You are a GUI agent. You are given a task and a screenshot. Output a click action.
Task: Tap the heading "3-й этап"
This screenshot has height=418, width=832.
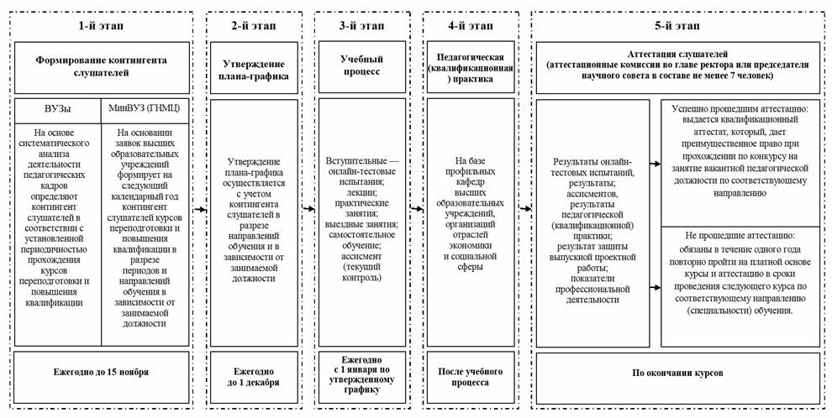(361, 26)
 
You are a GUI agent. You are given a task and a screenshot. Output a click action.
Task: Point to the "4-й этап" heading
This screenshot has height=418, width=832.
(470, 26)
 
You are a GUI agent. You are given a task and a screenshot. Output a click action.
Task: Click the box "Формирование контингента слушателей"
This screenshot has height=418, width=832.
(101, 67)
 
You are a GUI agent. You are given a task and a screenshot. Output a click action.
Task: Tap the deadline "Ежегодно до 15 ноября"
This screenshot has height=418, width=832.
(101, 371)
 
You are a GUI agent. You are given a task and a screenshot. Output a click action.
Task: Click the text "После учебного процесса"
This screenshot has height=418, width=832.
(470, 376)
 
